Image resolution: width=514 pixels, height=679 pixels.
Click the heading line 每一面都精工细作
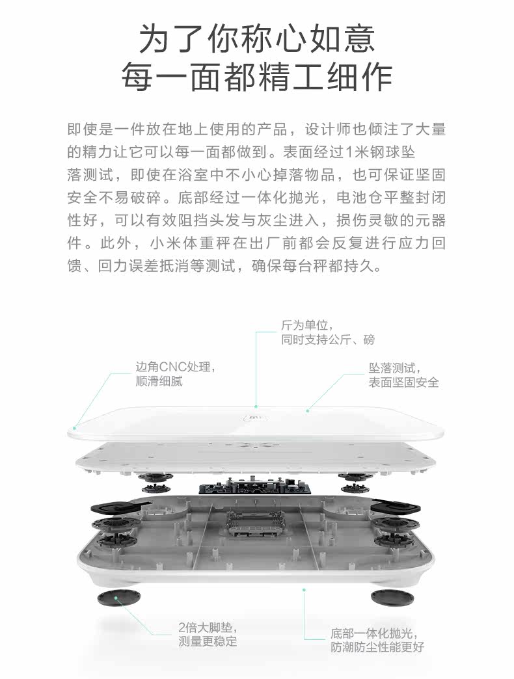click(257, 77)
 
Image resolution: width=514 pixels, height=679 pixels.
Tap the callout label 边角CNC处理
click(174, 367)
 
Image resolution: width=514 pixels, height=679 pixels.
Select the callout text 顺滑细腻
click(159, 382)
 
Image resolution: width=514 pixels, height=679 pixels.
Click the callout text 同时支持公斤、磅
click(328, 339)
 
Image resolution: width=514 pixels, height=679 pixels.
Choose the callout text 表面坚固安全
click(403, 382)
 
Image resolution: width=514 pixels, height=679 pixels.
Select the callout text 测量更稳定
click(208, 643)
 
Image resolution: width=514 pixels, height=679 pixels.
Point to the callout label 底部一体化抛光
click(373, 633)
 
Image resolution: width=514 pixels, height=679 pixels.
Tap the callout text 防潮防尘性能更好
click(377, 647)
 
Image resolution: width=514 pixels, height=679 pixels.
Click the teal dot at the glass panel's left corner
click(75, 428)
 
